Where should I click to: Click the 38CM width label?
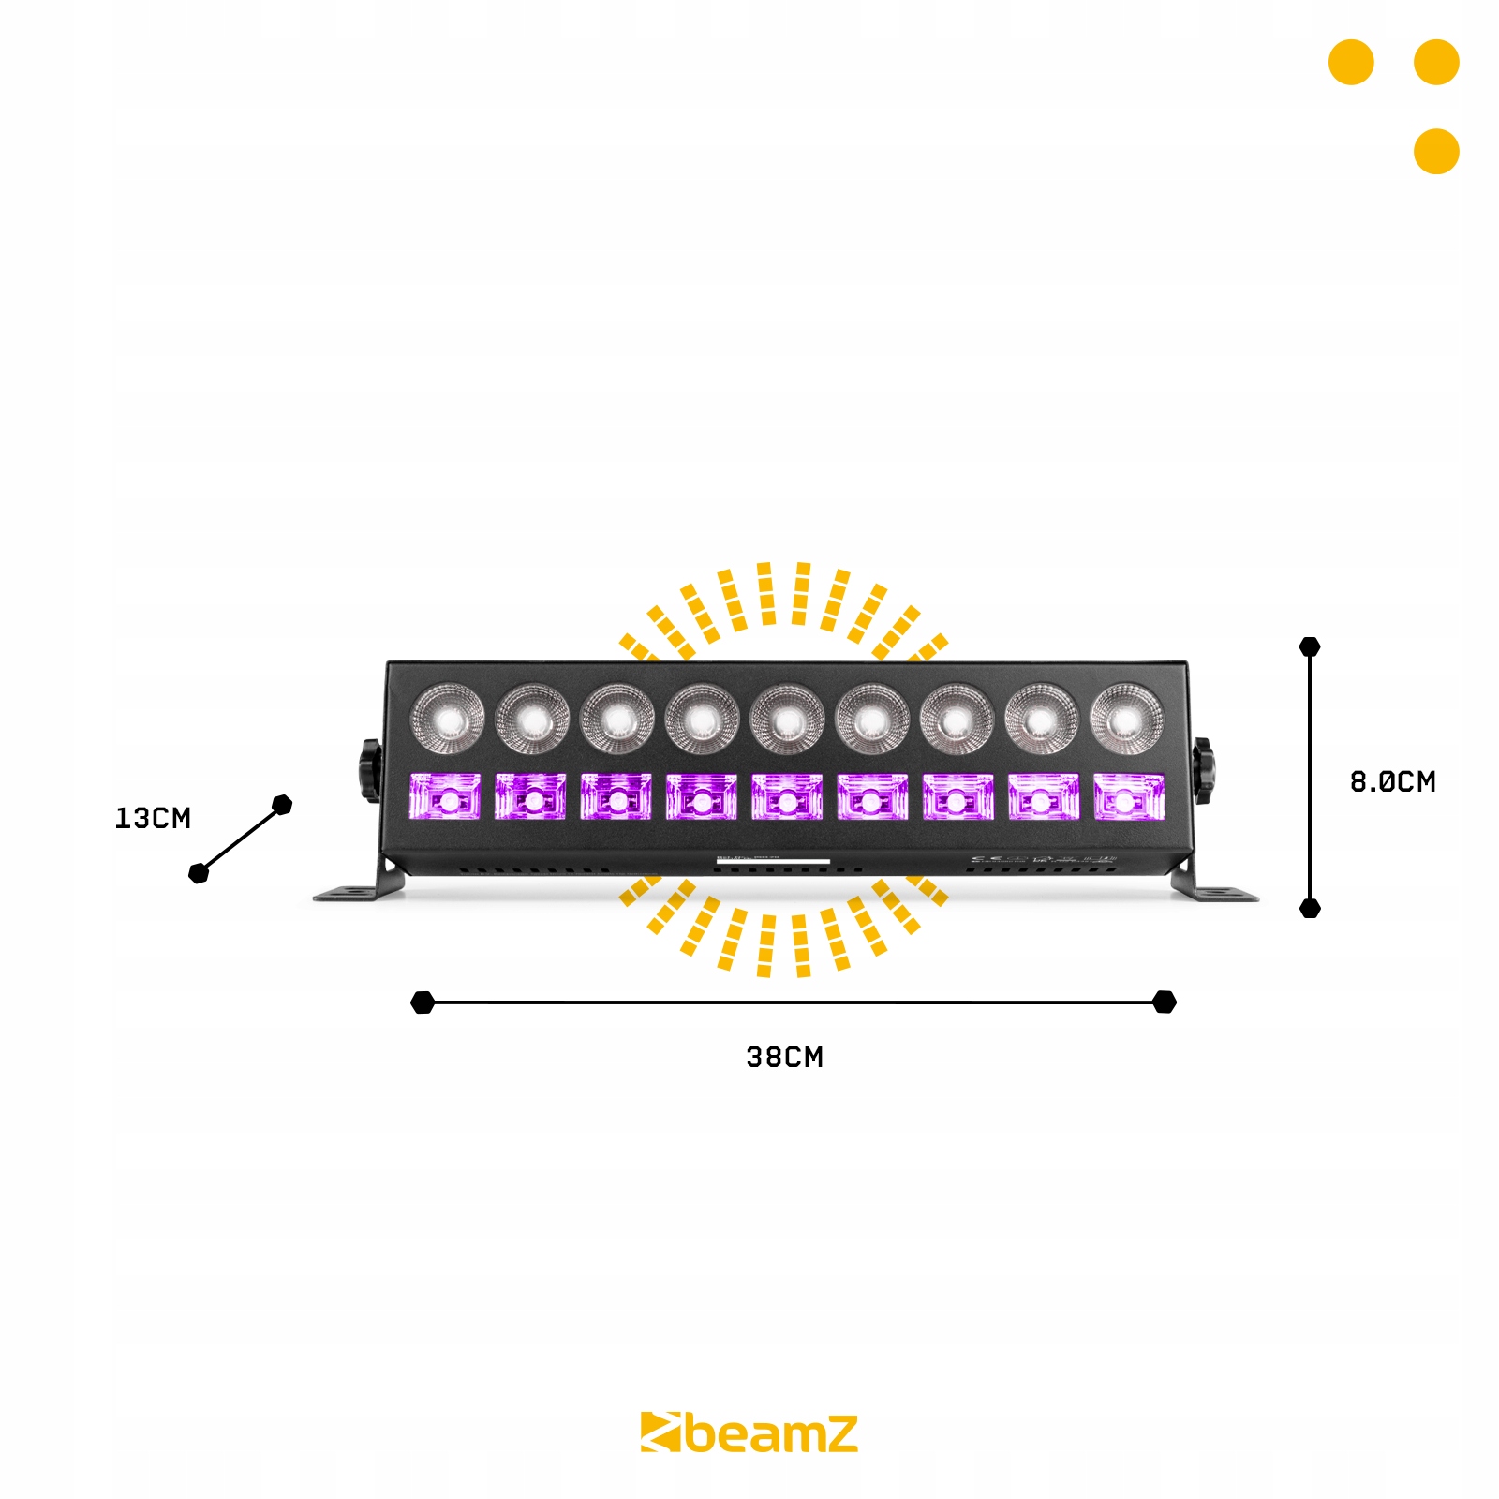pyautogui.click(x=784, y=1058)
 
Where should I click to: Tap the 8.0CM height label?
pyautogui.click(x=1392, y=781)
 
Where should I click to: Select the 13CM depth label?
pyautogui.click(x=153, y=818)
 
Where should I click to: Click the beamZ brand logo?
pyautogui.click(x=749, y=1433)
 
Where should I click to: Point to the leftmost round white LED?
pyautogui.click(x=448, y=720)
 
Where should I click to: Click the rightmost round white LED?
pyautogui.click(x=1127, y=720)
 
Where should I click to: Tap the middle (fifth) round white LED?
pyautogui.click(x=787, y=720)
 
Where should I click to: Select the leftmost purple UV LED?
pyautogui.click(x=445, y=797)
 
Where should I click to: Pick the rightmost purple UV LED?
pyautogui.click(x=1129, y=797)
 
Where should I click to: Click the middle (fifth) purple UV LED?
pyautogui.click(x=787, y=797)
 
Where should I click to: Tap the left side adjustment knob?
pyautogui.click(x=370, y=770)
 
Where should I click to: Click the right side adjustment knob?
pyautogui.click(x=1203, y=770)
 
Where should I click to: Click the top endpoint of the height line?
pyautogui.click(x=1310, y=646)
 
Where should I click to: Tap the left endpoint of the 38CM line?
pyautogui.click(x=423, y=1002)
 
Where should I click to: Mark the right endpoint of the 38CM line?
pyautogui.click(x=1165, y=1002)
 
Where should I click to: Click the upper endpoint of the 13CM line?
pyautogui.click(x=282, y=805)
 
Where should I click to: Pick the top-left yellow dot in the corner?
pyautogui.click(x=1351, y=63)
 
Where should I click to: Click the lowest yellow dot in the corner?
pyautogui.click(x=1436, y=151)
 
